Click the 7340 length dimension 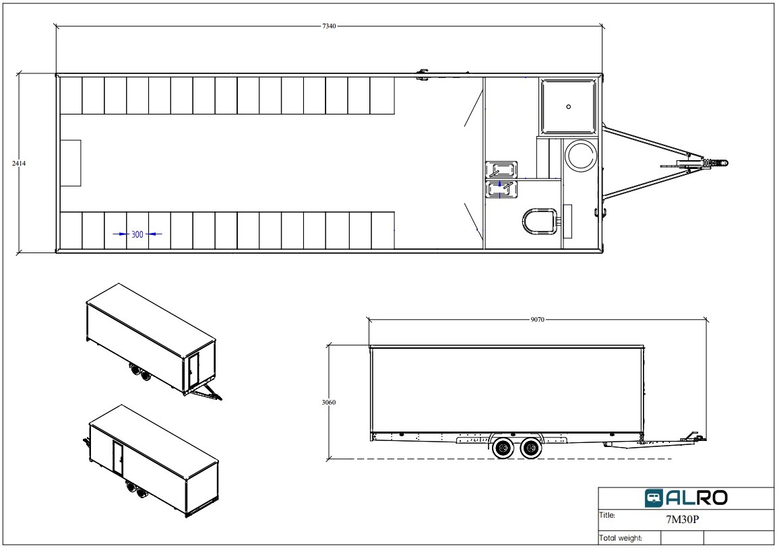pyautogui.click(x=329, y=26)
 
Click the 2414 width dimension pyautogui.click(x=19, y=164)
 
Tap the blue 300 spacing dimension pyautogui.click(x=137, y=234)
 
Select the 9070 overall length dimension pyautogui.click(x=537, y=320)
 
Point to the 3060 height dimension pyautogui.click(x=329, y=403)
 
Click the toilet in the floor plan pyautogui.click(x=540, y=221)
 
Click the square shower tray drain pyautogui.click(x=568, y=106)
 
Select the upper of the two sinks pyautogui.click(x=501, y=169)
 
